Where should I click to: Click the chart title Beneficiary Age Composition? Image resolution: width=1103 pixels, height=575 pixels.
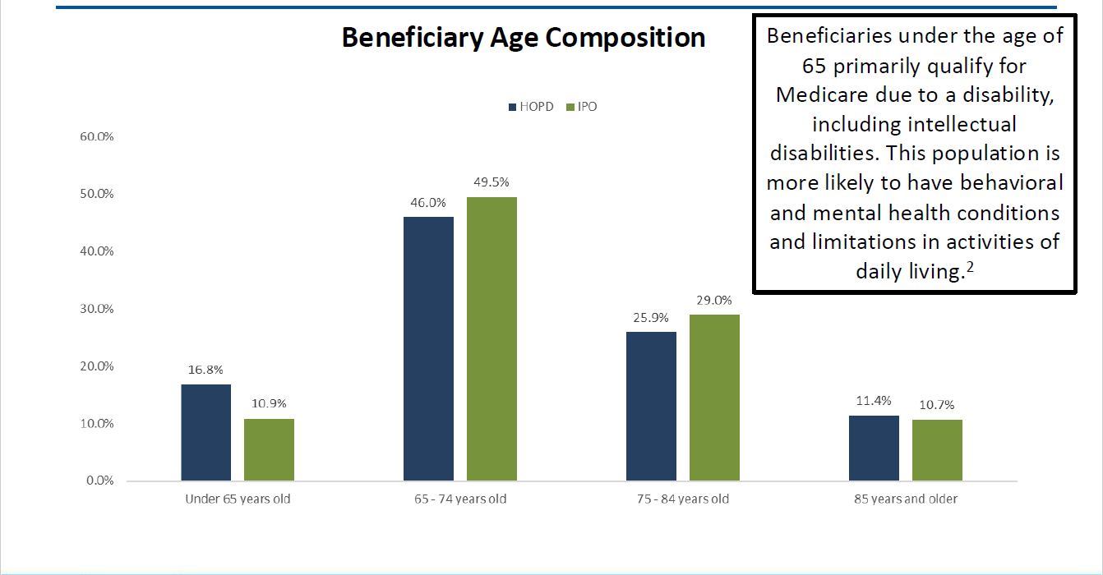point(523,39)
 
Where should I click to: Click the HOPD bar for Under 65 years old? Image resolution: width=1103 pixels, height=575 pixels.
point(206,432)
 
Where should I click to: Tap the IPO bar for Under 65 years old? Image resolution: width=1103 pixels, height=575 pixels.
point(269,449)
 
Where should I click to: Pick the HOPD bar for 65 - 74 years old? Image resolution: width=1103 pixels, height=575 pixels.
point(428,348)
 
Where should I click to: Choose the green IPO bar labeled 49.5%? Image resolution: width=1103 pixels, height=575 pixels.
point(492,338)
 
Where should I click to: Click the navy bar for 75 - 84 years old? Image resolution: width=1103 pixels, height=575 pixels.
point(651,406)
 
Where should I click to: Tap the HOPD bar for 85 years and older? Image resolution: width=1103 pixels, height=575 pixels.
point(874,448)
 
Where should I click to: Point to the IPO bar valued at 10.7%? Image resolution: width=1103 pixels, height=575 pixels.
point(936,449)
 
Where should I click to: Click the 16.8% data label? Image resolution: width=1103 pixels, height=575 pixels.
point(206,370)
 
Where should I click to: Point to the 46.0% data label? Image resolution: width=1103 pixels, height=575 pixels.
point(428,202)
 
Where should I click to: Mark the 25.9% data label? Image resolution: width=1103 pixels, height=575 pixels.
point(651,317)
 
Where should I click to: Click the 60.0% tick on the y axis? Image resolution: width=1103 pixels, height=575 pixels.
point(96,136)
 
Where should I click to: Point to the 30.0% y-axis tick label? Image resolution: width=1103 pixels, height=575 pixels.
point(96,309)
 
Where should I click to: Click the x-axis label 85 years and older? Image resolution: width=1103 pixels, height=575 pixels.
point(904,499)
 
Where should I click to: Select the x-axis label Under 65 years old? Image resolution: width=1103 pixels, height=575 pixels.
point(238,499)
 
